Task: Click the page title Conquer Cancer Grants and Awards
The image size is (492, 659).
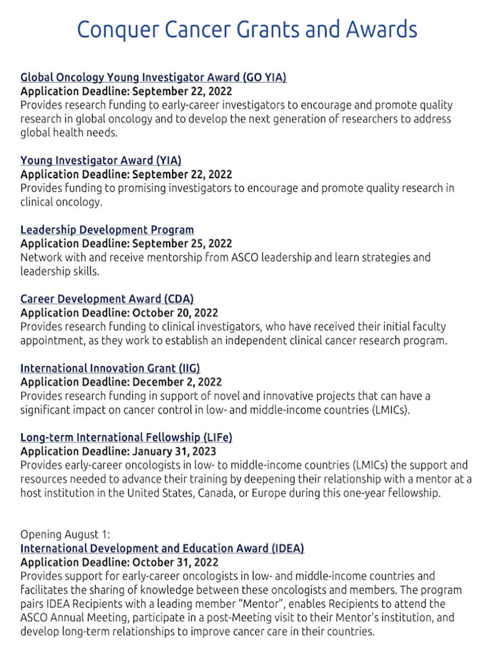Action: [x=247, y=29]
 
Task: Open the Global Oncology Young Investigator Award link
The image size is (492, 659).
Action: [x=153, y=77]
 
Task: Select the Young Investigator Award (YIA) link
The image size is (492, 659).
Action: [x=101, y=160]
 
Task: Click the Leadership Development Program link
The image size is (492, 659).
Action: [x=107, y=230]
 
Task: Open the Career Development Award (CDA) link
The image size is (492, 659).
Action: [x=107, y=299]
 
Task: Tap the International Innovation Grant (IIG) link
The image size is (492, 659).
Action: [x=110, y=368]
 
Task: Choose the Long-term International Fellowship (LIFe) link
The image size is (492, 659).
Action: [x=126, y=438]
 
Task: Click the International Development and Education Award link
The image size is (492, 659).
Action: [x=162, y=548]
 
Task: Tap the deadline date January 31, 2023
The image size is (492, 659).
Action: [x=174, y=452]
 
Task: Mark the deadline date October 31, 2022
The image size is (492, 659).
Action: [x=175, y=562]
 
